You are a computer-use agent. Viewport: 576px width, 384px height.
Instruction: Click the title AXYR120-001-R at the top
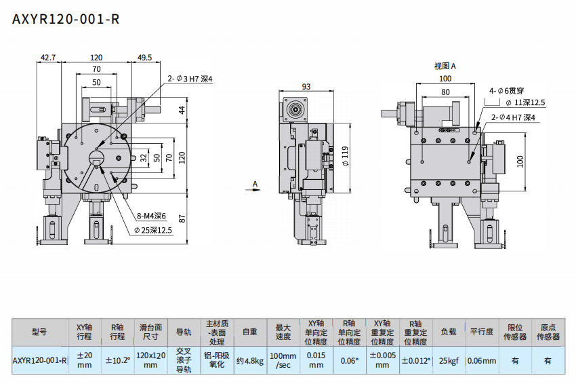[66, 19]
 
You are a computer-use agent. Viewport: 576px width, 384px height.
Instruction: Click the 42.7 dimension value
[47, 58]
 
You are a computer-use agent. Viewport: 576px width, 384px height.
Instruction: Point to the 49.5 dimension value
[144, 58]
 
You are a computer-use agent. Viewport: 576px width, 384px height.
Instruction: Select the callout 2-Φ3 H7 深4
[190, 79]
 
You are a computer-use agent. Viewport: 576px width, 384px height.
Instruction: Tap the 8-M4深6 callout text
[152, 216]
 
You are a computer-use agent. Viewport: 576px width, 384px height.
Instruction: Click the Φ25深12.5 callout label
[152, 230]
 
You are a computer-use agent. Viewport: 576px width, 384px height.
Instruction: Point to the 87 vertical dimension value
[182, 218]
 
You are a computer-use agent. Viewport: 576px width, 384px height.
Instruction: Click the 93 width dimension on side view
[306, 86]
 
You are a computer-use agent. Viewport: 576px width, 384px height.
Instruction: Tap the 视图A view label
[445, 66]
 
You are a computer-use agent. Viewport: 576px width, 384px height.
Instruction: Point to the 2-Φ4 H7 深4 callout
[514, 117]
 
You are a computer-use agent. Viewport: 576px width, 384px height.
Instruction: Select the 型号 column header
[39, 332]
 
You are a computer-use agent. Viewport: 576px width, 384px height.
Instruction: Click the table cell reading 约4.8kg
[249, 360]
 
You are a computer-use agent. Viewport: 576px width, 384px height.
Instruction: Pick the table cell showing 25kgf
[449, 360]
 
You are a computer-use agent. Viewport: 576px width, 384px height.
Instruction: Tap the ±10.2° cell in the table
[117, 360]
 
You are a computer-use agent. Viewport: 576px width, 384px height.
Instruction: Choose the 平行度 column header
[482, 332]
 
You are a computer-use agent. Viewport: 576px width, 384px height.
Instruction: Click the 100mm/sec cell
[283, 360]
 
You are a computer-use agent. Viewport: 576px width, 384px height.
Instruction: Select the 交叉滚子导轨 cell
[184, 360]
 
